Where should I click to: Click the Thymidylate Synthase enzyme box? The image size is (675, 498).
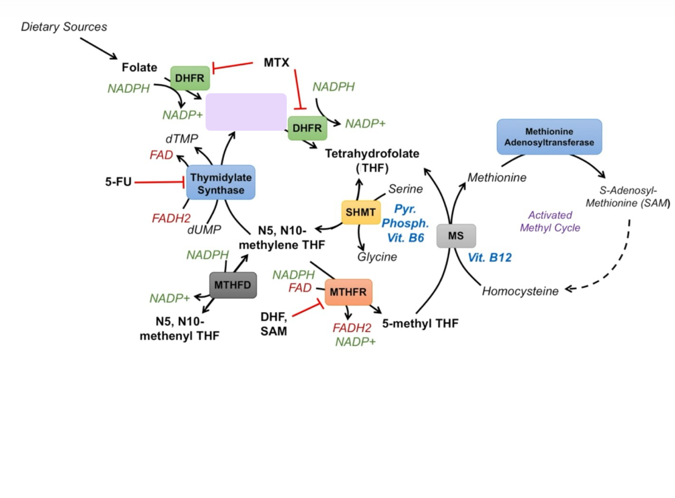(x=221, y=183)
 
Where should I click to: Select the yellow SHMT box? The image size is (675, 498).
(x=361, y=212)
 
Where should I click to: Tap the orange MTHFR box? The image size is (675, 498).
(x=348, y=292)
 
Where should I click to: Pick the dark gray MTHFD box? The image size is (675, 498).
(x=233, y=285)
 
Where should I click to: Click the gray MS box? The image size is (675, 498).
(x=456, y=236)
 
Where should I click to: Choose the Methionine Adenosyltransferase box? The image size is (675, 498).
(x=549, y=137)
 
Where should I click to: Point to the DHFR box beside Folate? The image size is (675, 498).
(x=190, y=78)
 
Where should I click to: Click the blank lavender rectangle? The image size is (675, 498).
(x=246, y=111)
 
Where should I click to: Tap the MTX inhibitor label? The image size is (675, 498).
(x=276, y=63)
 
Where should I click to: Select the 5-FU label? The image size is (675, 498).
(x=118, y=182)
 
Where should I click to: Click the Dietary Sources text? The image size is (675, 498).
(x=64, y=27)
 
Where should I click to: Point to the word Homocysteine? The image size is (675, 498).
(x=520, y=291)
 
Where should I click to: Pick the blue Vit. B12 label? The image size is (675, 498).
(x=490, y=258)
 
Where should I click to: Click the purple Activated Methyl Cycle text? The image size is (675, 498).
(x=550, y=221)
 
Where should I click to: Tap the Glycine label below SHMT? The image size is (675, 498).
(x=377, y=257)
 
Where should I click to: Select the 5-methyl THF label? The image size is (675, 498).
(x=420, y=323)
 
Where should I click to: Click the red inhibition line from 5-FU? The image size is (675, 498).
(x=159, y=182)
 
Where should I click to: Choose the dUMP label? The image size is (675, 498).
(x=204, y=230)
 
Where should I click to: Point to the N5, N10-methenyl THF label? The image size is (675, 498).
(x=180, y=328)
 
